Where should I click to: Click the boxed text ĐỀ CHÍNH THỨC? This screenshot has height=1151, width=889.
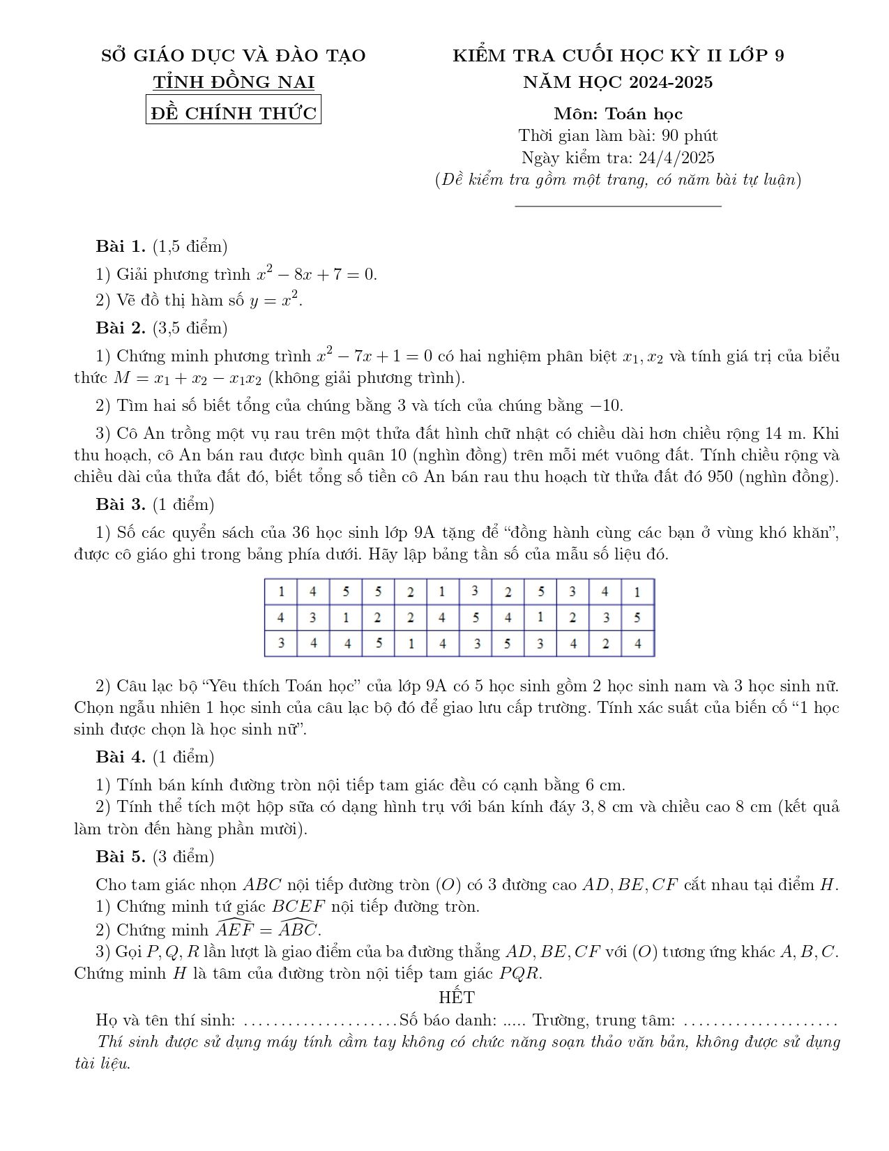234,112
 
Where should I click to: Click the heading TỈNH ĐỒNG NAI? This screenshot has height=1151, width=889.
234,82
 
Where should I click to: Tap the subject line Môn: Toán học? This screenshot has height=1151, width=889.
618,114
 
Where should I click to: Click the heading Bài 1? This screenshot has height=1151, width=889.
121,246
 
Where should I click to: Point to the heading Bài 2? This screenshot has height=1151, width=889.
121,328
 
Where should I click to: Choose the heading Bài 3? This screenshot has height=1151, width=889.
121,504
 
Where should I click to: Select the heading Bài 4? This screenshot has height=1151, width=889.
121,757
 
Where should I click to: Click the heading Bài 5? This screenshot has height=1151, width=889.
121,857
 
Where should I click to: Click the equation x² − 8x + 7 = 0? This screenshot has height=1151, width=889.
317,274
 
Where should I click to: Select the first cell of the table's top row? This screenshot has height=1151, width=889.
281,592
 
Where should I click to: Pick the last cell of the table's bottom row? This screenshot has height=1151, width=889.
637,644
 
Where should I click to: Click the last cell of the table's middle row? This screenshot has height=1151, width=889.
637,618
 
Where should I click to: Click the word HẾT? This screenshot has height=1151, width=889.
457,997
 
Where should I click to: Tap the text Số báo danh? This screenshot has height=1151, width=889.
447,1021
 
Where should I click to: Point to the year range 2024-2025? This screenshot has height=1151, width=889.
671,82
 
